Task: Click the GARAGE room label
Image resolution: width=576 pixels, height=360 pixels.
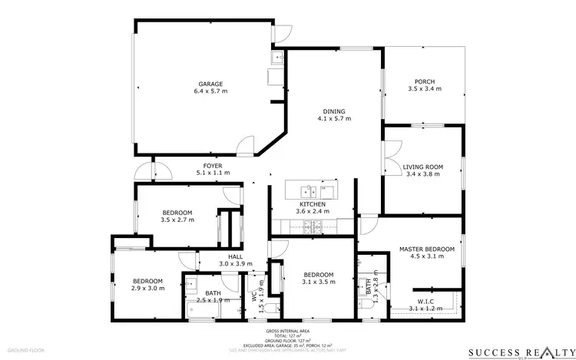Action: (210, 84)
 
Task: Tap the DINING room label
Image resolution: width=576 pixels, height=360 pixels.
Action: (333, 111)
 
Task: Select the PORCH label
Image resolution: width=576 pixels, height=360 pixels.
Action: (424, 81)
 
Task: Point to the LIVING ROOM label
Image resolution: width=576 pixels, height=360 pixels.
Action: (423, 167)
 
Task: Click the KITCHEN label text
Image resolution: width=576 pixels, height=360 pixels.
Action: (312, 203)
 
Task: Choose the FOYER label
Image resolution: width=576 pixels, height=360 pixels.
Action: (213, 166)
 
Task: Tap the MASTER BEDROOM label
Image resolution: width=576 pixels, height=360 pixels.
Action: (426, 249)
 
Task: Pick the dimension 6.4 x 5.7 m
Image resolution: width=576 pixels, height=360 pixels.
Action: (210, 91)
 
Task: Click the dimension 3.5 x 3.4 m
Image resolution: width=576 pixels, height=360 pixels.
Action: (424, 89)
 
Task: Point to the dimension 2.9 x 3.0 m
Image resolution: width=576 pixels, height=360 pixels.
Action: (148, 289)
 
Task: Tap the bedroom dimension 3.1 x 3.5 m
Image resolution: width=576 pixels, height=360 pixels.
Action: (317, 282)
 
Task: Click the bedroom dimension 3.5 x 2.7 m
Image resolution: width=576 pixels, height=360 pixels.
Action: (177, 220)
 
